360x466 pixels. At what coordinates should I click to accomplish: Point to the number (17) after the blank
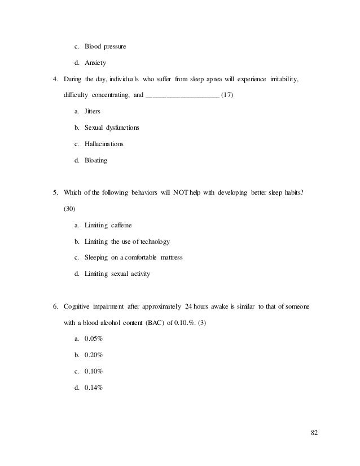click(x=226, y=95)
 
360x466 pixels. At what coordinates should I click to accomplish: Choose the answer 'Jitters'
click(x=92, y=112)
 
